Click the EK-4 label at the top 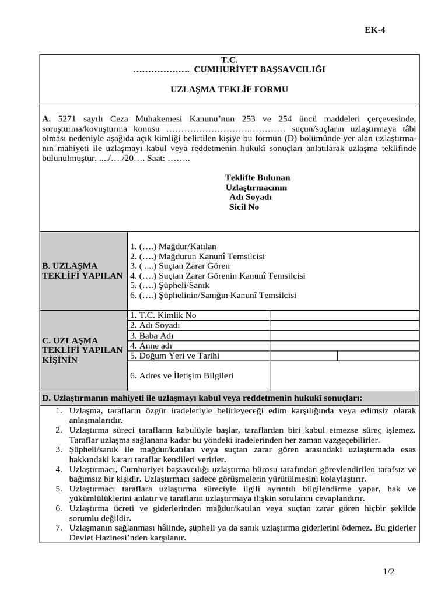(x=375, y=31)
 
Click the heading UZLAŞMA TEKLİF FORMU (x=229, y=89)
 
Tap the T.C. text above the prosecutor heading (x=229, y=60)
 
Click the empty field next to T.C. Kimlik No (x=344, y=315)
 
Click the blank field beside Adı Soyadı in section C (x=344, y=325)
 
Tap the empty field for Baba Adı (x=344, y=336)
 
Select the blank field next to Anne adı (x=344, y=346)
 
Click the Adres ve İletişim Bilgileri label (x=182, y=376)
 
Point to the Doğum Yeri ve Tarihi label (x=175, y=356)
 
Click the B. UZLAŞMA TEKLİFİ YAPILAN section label (x=82, y=271)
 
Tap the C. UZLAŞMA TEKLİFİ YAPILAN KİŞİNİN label (x=82, y=350)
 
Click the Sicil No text (x=244, y=207)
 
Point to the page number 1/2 (x=389, y=572)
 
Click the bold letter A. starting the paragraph (x=47, y=118)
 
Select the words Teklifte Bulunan (x=257, y=177)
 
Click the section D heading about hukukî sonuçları (x=202, y=398)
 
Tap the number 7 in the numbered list (x=59, y=528)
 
